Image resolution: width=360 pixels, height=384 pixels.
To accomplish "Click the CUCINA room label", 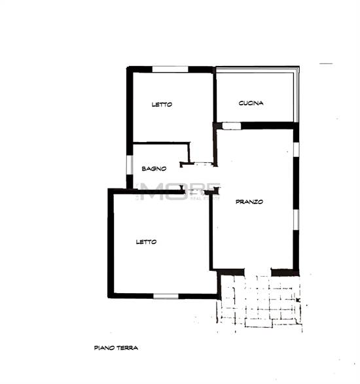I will tap(251, 103).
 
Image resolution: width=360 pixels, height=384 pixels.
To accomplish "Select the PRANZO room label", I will tap(249, 202).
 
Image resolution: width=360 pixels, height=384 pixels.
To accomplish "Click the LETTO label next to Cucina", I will tap(162, 104).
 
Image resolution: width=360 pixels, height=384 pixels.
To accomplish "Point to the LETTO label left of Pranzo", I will tap(146, 242).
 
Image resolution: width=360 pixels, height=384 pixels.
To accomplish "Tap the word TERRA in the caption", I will tap(128, 348).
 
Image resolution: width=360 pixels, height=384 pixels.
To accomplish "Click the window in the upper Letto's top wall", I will tap(170, 69).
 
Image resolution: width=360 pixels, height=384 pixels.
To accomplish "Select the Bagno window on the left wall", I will tap(129, 165).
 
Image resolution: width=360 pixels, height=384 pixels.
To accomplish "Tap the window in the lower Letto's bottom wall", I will tap(166, 296).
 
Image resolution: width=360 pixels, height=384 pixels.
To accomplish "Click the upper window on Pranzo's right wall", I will tap(296, 149).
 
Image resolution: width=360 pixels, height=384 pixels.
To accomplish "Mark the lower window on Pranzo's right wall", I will tap(296, 219).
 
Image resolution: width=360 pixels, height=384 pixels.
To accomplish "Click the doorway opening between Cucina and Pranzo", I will tap(231, 125).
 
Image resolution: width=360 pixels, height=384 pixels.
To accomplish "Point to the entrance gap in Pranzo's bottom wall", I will tap(259, 270).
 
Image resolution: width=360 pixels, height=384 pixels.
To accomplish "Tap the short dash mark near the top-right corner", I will tap(326, 63).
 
